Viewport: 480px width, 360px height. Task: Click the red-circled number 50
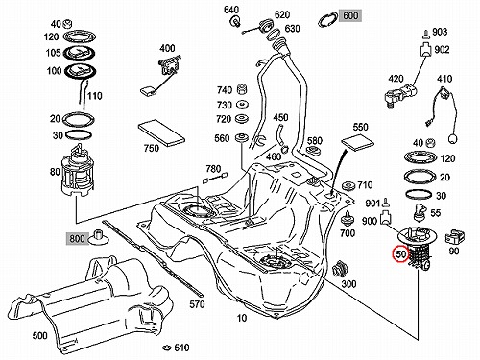point(400,253)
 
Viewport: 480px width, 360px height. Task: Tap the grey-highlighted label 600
point(350,15)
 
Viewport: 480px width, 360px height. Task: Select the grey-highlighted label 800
point(77,239)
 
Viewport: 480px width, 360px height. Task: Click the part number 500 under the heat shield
point(40,335)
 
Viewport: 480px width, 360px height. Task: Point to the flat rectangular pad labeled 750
point(161,132)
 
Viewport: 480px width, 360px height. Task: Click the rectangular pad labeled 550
point(358,142)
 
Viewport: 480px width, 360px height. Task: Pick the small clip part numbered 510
point(166,348)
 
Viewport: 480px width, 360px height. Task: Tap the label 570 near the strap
point(197,303)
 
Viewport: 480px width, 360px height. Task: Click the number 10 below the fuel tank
point(242,318)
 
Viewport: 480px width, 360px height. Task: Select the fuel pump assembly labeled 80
point(77,171)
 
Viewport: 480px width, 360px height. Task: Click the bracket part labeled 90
point(454,237)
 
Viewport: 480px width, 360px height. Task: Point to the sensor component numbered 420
point(400,94)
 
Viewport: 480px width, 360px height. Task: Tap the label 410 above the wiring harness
point(444,79)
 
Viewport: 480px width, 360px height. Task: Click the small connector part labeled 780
point(215,178)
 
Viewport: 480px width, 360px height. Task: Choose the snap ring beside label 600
point(328,19)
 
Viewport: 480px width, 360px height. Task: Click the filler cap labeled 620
point(266,25)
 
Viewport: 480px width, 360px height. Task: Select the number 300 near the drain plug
point(348,283)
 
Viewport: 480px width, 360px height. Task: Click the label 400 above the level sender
point(167,48)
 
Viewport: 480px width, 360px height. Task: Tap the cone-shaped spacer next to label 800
point(99,237)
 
